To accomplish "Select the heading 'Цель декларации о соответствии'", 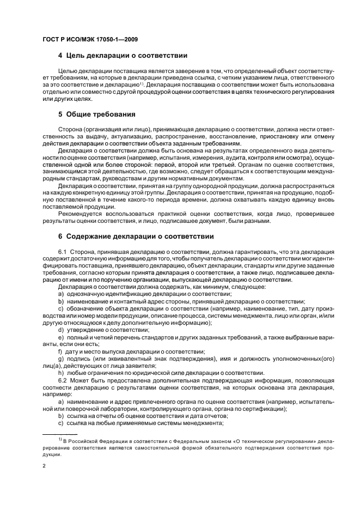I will (x=126, y=56).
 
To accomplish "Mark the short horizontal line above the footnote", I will (x=58, y=434).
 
